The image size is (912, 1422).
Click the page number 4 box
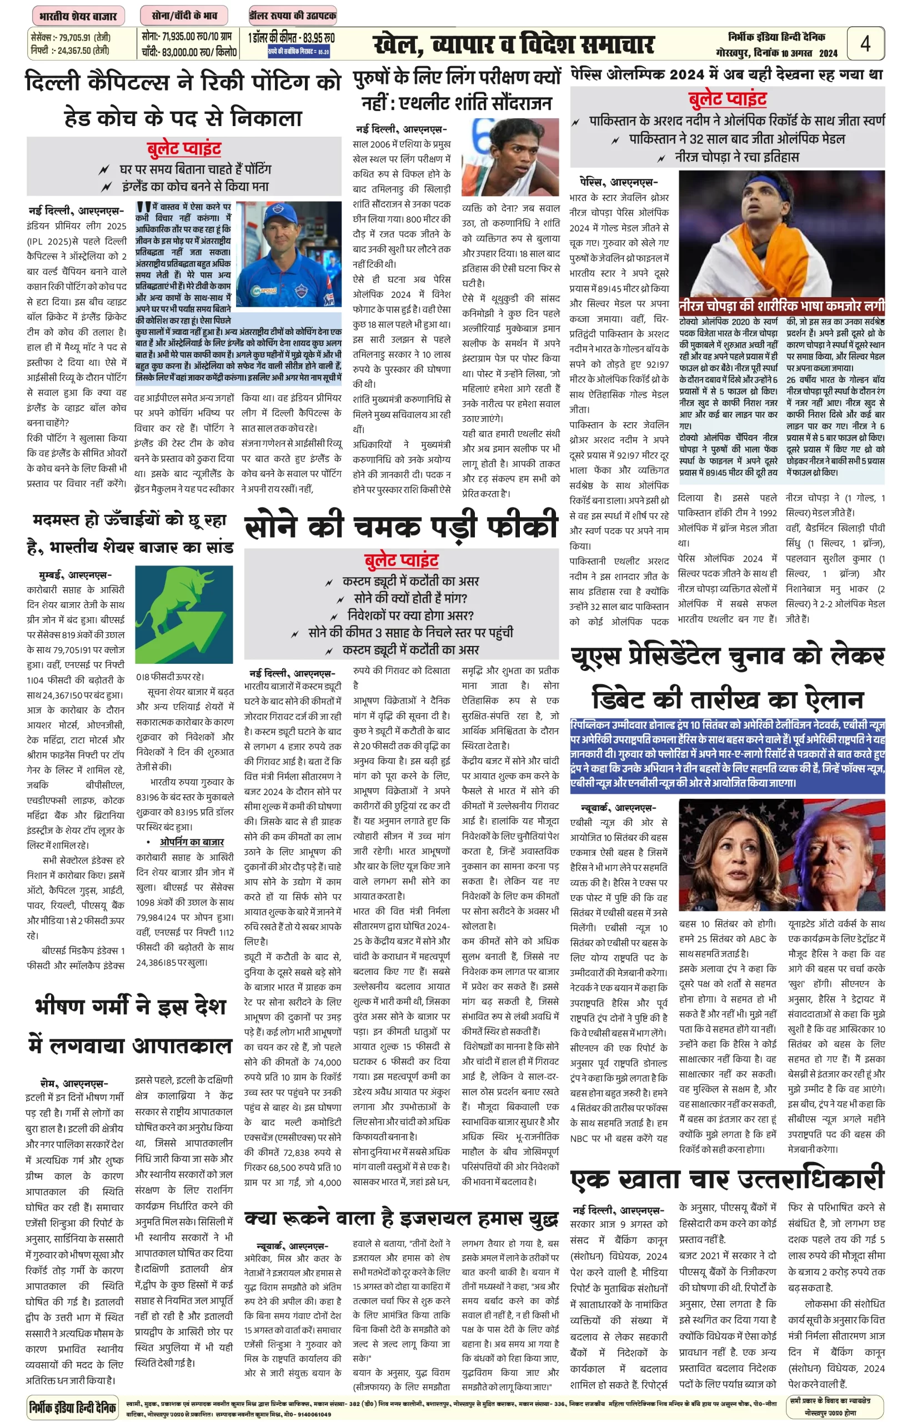[865, 43]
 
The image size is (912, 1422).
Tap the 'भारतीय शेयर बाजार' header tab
[78, 16]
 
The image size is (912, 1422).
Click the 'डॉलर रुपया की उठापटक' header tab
[293, 16]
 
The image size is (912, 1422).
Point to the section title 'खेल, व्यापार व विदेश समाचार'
[513, 44]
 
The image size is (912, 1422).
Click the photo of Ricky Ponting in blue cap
[288, 253]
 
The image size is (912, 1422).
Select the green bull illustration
[184, 614]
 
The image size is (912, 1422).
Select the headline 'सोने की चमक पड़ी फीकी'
[401, 525]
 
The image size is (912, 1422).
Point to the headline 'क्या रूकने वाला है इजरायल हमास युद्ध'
[401, 1218]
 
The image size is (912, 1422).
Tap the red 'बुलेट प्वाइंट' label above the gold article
[401, 560]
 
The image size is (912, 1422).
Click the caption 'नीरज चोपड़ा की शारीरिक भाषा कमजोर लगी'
[781, 306]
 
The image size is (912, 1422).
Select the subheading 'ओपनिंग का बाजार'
[191, 842]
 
